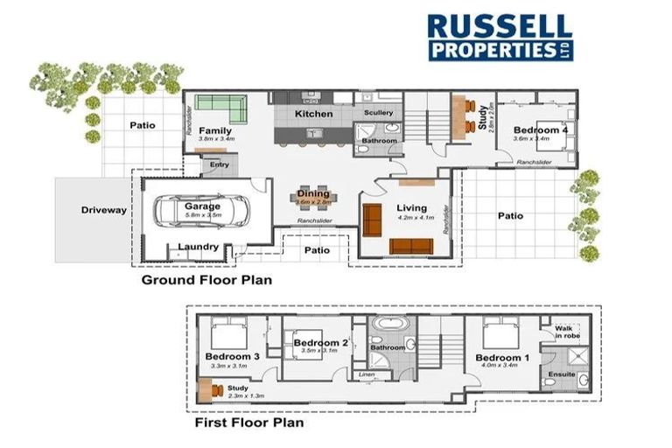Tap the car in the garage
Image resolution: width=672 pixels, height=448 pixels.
pos(199,213)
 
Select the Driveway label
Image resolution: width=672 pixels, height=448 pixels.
pos(104,210)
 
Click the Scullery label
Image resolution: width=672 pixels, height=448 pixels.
pos(379,113)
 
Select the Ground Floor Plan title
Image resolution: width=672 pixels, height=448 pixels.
pos(207,281)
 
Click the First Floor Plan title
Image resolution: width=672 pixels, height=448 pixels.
pos(248,423)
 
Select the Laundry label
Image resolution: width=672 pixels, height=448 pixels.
pos(198,247)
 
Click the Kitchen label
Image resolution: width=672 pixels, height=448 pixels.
pos(313,114)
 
